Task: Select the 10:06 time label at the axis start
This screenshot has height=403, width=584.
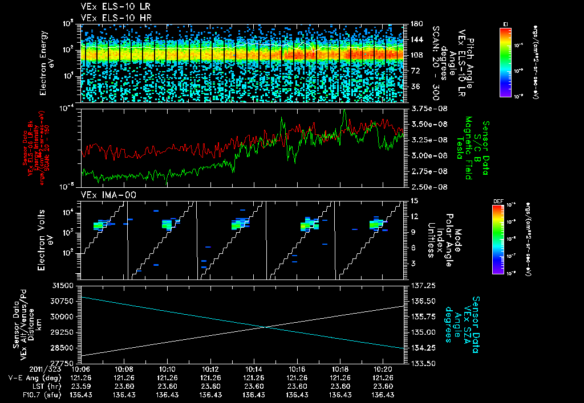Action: tap(81, 369)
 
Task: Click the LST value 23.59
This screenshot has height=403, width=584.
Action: tap(81, 386)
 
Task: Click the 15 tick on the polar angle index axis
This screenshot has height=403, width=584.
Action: tap(414, 200)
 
